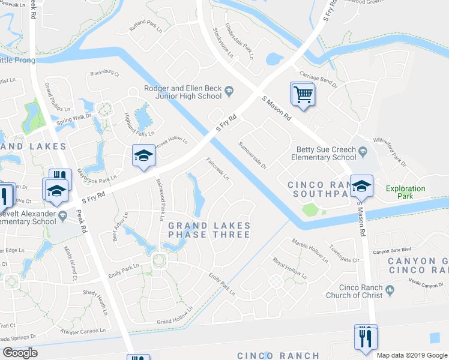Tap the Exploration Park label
click(x=405, y=192)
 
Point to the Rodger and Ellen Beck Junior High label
click(x=182, y=92)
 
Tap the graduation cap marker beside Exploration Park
click(x=361, y=187)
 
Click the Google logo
click(x=20, y=353)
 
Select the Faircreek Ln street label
click(x=217, y=169)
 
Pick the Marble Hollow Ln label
click(x=310, y=251)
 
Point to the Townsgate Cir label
click(x=345, y=254)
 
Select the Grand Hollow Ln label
click(x=175, y=316)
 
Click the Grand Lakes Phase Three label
click(x=209, y=230)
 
